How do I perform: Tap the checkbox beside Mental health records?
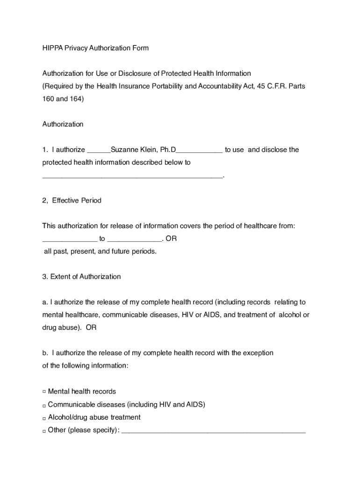coord(44,392)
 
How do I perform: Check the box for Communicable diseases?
coord(44,405)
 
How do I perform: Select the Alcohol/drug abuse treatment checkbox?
coord(44,418)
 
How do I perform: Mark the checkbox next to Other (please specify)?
coord(44,430)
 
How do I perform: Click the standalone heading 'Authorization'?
coord(63,124)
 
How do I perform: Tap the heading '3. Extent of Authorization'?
coord(81,276)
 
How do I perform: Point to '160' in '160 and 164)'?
coord(48,99)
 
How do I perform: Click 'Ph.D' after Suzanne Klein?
coord(168,150)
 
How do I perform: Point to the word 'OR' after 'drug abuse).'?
coord(91,327)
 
